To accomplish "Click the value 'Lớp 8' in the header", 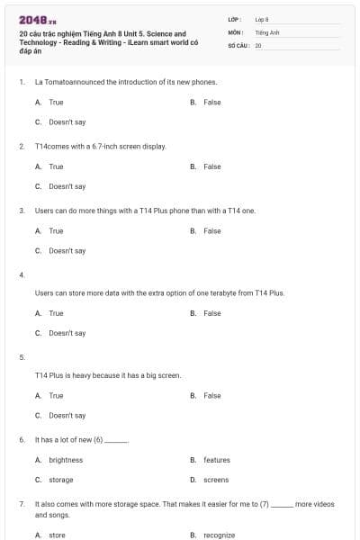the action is click(x=262, y=19).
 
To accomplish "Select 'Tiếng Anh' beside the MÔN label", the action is click(x=265, y=31).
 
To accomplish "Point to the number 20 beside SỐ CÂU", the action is click(x=258, y=43).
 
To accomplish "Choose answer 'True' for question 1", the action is click(x=56, y=103).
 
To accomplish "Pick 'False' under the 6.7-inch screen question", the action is click(x=211, y=166).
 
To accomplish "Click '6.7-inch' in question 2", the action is click(x=92, y=146).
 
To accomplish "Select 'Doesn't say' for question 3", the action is click(x=67, y=250).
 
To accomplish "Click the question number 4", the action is click(x=22, y=274).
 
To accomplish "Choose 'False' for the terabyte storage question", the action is click(x=211, y=313).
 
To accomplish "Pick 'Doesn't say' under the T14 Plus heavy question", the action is click(x=67, y=416).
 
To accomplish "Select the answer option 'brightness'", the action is click(x=66, y=460).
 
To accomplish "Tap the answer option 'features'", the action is click(x=216, y=460).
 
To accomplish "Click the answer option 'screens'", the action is click(x=216, y=480).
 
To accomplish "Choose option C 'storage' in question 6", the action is click(x=60, y=480).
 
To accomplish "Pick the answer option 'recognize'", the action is click(x=219, y=535).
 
